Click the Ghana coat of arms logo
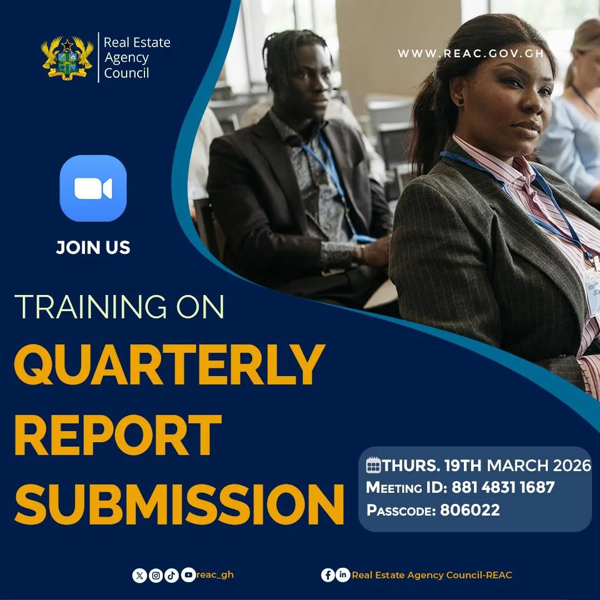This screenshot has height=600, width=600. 67,58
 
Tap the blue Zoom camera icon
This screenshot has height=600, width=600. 93,188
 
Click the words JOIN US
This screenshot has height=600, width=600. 93,248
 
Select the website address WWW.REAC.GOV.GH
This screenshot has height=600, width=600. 471,53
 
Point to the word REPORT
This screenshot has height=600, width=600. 118,435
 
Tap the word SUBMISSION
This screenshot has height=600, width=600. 179,504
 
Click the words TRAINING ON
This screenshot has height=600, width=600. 119,307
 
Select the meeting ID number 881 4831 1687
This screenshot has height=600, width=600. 503,488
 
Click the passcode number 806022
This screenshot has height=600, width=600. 470,510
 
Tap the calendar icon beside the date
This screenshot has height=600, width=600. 373,465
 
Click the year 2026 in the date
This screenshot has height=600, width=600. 572,466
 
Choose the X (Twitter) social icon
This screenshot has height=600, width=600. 139,576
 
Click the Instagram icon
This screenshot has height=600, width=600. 156,576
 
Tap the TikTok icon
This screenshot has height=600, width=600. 172,576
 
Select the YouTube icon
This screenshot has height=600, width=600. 188,575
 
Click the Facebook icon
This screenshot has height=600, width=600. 328,575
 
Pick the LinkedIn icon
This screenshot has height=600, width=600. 343,575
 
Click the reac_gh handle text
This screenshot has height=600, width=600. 215,575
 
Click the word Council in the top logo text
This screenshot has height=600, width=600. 126,73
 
